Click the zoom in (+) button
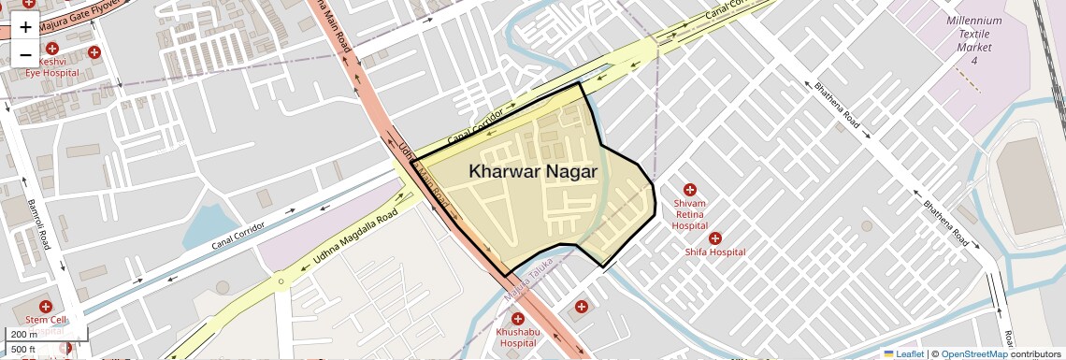(x=25, y=26)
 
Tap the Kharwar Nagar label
(x=533, y=171)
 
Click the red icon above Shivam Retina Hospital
(x=690, y=190)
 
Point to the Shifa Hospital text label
(x=714, y=252)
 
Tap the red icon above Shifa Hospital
(x=715, y=238)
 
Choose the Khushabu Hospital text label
(x=517, y=337)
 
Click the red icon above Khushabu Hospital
(x=517, y=319)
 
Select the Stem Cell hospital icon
(x=45, y=307)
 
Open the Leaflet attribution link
(x=903, y=353)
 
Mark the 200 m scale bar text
(x=23, y=335)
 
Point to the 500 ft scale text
(x=23, y=350)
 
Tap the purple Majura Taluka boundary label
(x=526, y=285)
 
